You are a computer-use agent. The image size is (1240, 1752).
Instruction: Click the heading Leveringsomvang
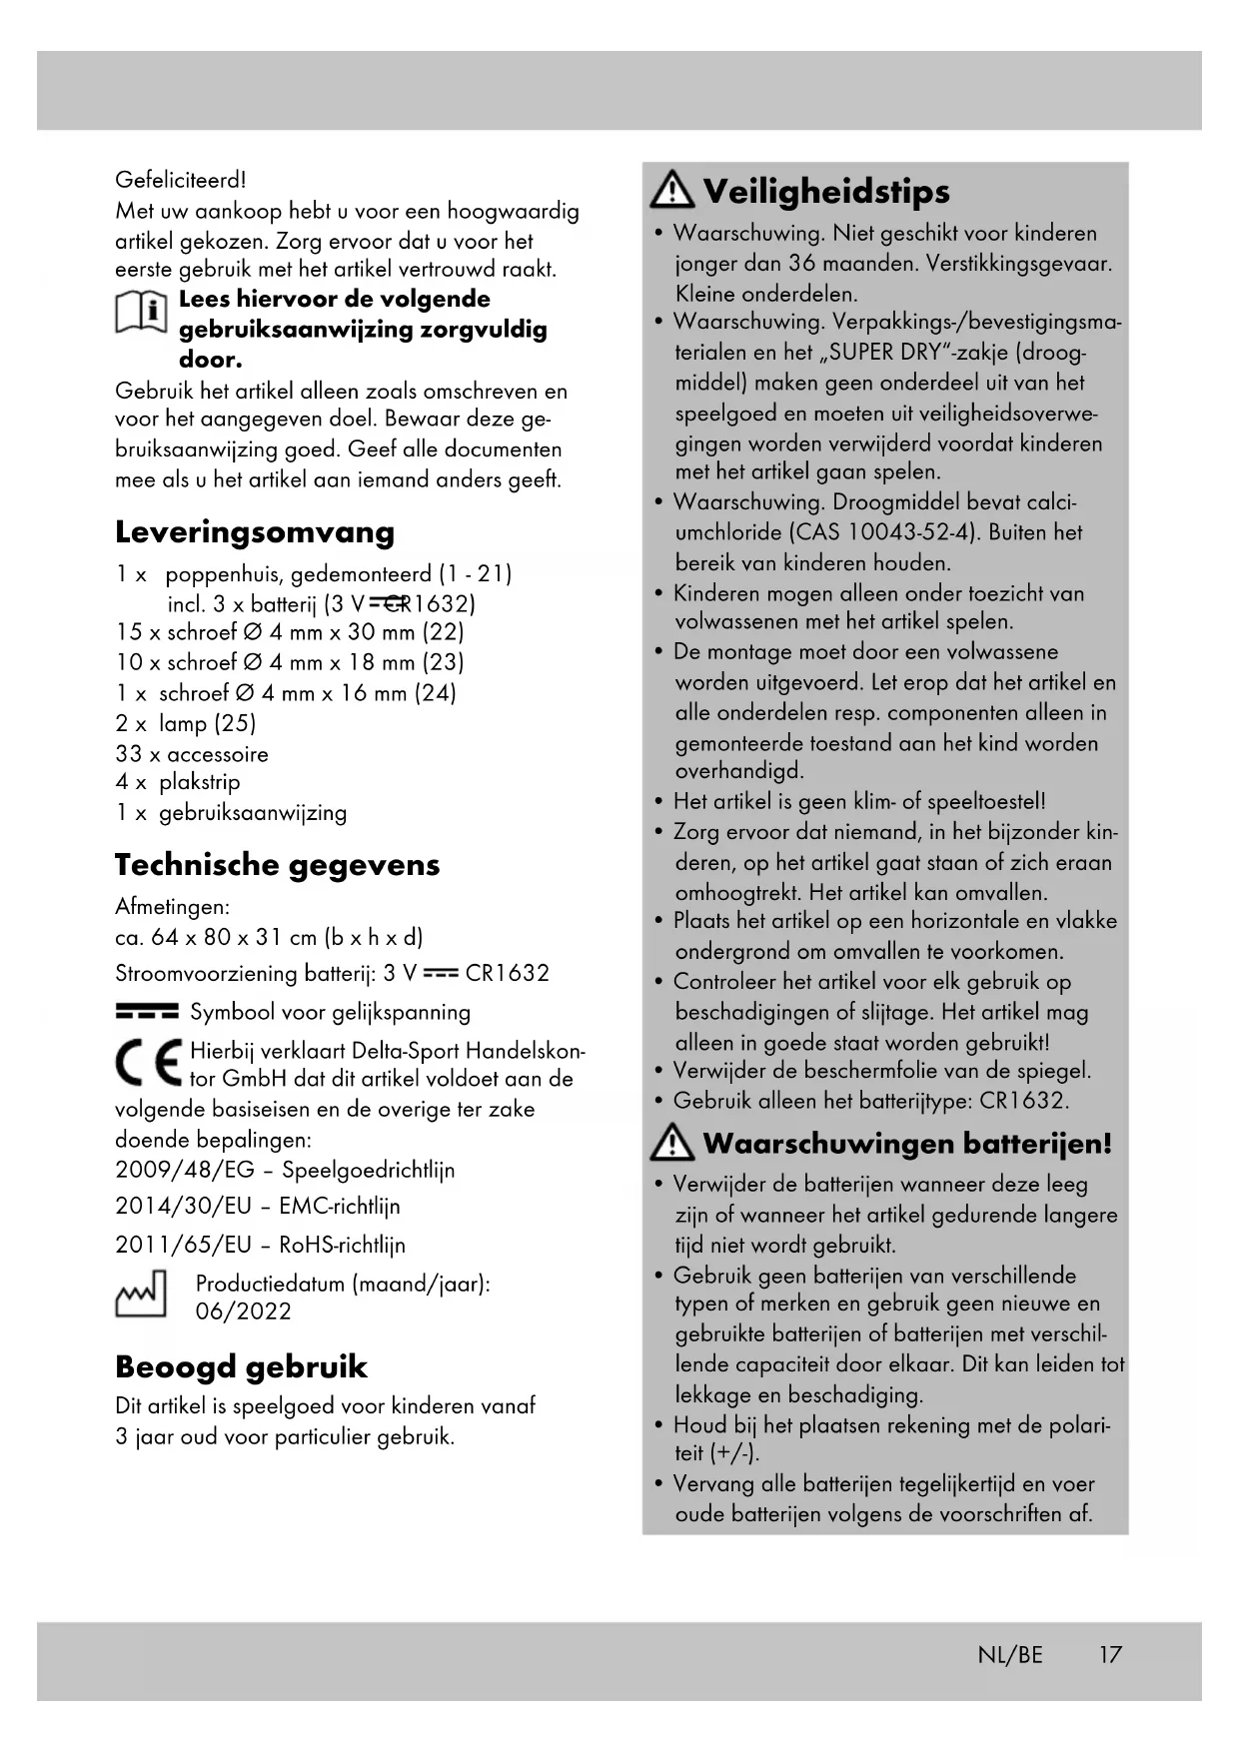click(254, 531)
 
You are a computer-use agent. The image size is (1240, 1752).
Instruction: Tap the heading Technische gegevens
click(277, 864)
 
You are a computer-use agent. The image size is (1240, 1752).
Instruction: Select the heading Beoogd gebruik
click(241, 1366)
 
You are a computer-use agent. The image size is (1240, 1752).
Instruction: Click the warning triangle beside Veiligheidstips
click(672, 190)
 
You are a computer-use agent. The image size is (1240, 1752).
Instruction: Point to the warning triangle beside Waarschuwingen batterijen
click(672, 1142)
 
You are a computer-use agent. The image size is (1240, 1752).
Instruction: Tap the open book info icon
click(141, 313)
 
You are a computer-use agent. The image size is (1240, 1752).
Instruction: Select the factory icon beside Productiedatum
click(141, 1295)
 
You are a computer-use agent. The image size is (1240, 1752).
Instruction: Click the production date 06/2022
click(244, 1313)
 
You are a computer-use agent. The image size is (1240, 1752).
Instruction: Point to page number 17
click(1110, 1655)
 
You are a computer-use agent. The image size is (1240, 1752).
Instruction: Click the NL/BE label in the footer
click(1009, 1655)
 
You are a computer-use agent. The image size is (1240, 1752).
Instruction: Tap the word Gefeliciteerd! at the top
click(180, 180)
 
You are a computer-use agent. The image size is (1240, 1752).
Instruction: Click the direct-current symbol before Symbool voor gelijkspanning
click(147, 1012)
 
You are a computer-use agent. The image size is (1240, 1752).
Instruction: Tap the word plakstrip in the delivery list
click(199, 782)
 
